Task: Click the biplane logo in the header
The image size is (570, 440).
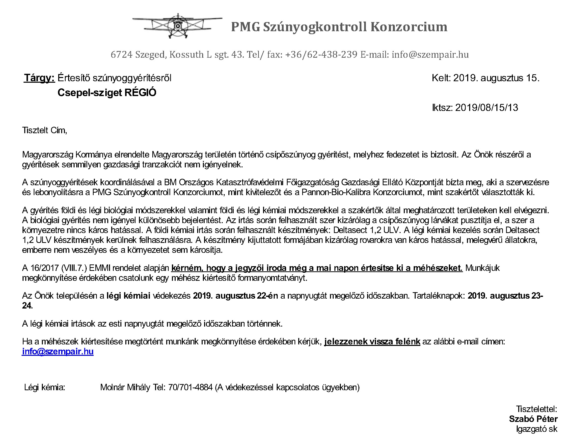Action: pyautogui.click(x=177, y=26)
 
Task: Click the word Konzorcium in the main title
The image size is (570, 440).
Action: pyautogui.click(x=409, y=27)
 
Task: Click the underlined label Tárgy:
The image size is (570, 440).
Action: pyautogui.click(x=39, y=78)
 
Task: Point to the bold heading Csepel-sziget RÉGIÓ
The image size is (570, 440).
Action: pyautogui.click(x=107, y=93)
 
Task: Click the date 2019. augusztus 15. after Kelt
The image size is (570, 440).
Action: pyautogui.click(x=496, y=78)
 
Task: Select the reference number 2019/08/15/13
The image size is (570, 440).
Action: pyautogui.click(x=487, y=107)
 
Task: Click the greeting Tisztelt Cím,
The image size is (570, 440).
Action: pyautogui.click(x=45, y=130)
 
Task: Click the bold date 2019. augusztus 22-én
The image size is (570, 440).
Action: pyautogui.click(x=235, y=295)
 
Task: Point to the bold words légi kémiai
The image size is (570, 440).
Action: pyautogui.click(x=128, y=295)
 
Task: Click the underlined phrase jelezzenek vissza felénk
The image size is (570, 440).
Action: pyautogui.click(x=372, y=341)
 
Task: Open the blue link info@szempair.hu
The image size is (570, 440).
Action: pyautogui.click(x=58, y=351)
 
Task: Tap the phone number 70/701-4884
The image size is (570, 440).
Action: pyautogui.click(x=190, y=387)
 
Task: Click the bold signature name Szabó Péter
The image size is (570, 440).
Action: pyautogui.click(x=533, y=419)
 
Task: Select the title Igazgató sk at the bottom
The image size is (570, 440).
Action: pyautogui.click(x=537, y=429)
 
